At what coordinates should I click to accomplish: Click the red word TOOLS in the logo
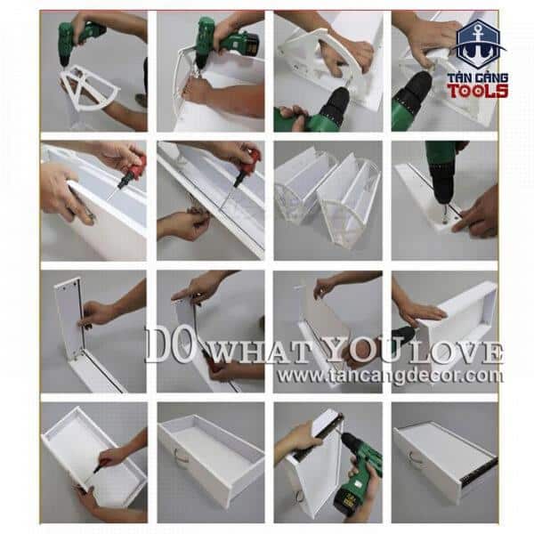[477, 91]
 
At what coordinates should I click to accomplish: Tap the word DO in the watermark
[168, 345]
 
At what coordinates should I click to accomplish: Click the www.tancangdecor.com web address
[391, 376]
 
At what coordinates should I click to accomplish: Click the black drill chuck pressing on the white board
[442, 187]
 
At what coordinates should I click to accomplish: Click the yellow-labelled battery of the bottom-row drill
[349, 499]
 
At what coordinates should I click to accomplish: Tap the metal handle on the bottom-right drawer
[415, 457]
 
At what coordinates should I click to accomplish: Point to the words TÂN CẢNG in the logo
[477, 77]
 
